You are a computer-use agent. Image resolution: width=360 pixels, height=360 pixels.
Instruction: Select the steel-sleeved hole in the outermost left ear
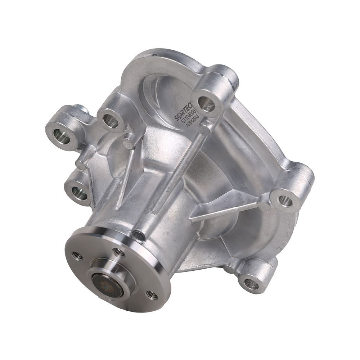point(59,136)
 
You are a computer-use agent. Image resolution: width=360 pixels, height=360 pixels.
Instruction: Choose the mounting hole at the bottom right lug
point(249,283)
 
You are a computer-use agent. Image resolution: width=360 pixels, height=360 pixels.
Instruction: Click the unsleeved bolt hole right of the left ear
point(110,121)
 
